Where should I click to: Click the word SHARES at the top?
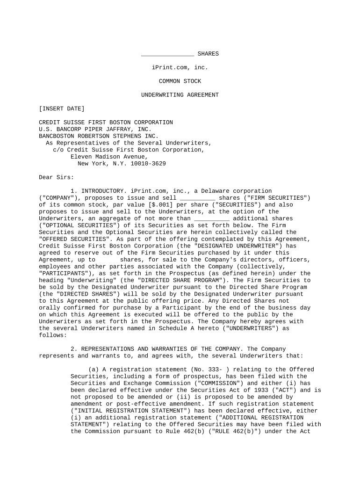208,54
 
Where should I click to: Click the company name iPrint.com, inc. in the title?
180,67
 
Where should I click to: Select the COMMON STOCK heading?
180,81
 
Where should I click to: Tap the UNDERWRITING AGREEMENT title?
180,95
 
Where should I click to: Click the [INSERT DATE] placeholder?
62,109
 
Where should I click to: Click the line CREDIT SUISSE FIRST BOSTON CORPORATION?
106,123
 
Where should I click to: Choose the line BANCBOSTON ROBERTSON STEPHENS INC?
99,136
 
